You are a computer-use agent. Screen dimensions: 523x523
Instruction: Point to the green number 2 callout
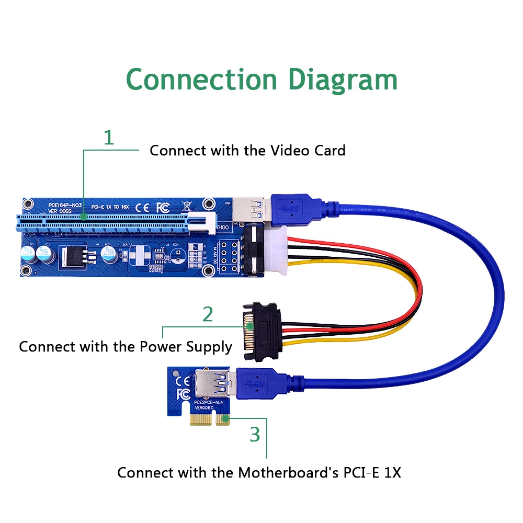208,314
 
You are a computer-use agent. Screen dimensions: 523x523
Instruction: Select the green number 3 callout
255,434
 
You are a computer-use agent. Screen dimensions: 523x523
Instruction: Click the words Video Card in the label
308,151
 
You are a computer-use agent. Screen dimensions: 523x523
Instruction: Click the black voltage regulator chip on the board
73,256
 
